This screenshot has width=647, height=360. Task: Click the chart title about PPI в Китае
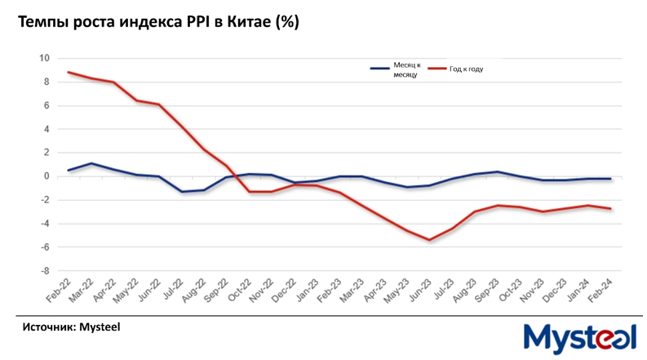[x=159, y=22]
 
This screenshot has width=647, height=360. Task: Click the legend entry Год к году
[x=466, y=69]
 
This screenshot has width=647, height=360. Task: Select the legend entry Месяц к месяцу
[x=405, y=69]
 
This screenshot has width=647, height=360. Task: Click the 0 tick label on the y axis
[x=47, y=176]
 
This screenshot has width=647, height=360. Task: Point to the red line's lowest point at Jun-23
[x=429, y=240]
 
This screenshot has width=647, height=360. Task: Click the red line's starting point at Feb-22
[x=69, y=72]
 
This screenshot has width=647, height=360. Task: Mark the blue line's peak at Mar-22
[x=91, y=163]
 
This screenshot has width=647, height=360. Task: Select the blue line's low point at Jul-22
[x=181, y=192]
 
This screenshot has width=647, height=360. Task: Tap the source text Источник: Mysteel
[x=71, y=327]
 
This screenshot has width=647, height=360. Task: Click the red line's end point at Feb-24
[x=610, y=208]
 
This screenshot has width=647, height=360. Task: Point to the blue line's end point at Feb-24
[x=610, y=179]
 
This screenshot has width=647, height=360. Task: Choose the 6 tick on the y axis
[x=47, y=105]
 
